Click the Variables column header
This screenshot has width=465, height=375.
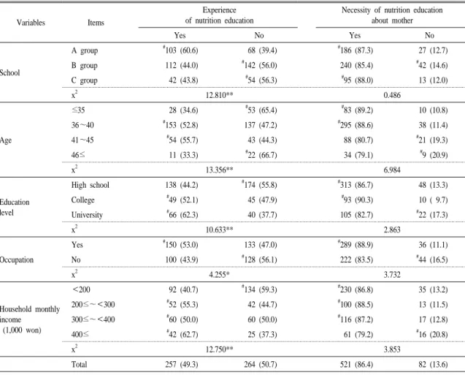coord(31,23)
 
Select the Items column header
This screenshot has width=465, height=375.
coord(96,23)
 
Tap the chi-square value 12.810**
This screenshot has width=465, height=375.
coord(220,95)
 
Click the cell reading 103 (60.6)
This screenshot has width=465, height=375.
coord(180,50)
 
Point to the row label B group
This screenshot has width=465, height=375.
coord(84,65)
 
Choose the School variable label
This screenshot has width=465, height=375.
coord(9,73)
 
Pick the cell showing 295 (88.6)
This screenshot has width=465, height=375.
coord(356,125)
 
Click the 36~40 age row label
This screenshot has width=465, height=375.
coord(82,125)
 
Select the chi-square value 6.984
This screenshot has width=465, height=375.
coord(392,170)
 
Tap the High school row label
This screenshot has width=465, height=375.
coord(91,185)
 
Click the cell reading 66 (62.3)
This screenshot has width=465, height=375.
coord(182,215)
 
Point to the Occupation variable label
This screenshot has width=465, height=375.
coord(17,260)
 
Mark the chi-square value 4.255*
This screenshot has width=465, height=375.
coord(219,274)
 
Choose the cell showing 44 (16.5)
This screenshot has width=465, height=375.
coord(432,260)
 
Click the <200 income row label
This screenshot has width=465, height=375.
coord(81,289)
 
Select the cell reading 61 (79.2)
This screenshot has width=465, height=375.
coord(358,334)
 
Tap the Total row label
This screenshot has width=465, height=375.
coord(79,364)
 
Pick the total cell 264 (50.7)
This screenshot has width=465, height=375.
coord(261,364)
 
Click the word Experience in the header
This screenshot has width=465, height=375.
coord(220,10)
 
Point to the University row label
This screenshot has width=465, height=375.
coord(87,215)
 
